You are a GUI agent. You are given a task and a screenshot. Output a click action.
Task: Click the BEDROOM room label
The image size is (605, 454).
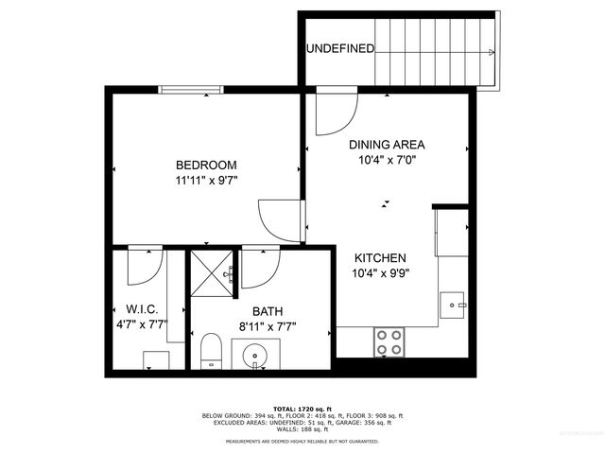(x=205, y=165)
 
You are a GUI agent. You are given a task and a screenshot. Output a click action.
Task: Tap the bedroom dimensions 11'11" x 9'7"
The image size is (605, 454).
(x=205, y=180)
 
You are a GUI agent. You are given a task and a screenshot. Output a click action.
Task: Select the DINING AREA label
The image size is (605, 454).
(x=387, y=145)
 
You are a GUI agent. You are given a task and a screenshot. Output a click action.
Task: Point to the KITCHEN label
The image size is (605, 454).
(x=380, y=258)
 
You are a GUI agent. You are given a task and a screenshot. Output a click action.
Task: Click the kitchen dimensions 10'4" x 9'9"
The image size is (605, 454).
(x=380, y=274)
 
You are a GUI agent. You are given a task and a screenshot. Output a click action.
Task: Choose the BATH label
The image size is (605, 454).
(x=267, y=311)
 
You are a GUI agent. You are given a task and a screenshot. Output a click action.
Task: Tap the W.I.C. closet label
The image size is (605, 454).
(x=141, y=310)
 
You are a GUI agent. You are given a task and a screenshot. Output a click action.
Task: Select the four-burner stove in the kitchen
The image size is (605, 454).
(x=389, y=340)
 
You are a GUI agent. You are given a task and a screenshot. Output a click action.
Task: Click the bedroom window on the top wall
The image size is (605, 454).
(x=191, y=90)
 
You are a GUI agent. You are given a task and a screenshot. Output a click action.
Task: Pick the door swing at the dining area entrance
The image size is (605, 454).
(x=333, y=112)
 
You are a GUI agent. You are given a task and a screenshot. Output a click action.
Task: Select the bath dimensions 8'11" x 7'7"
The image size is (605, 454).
(x=267, y=327)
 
